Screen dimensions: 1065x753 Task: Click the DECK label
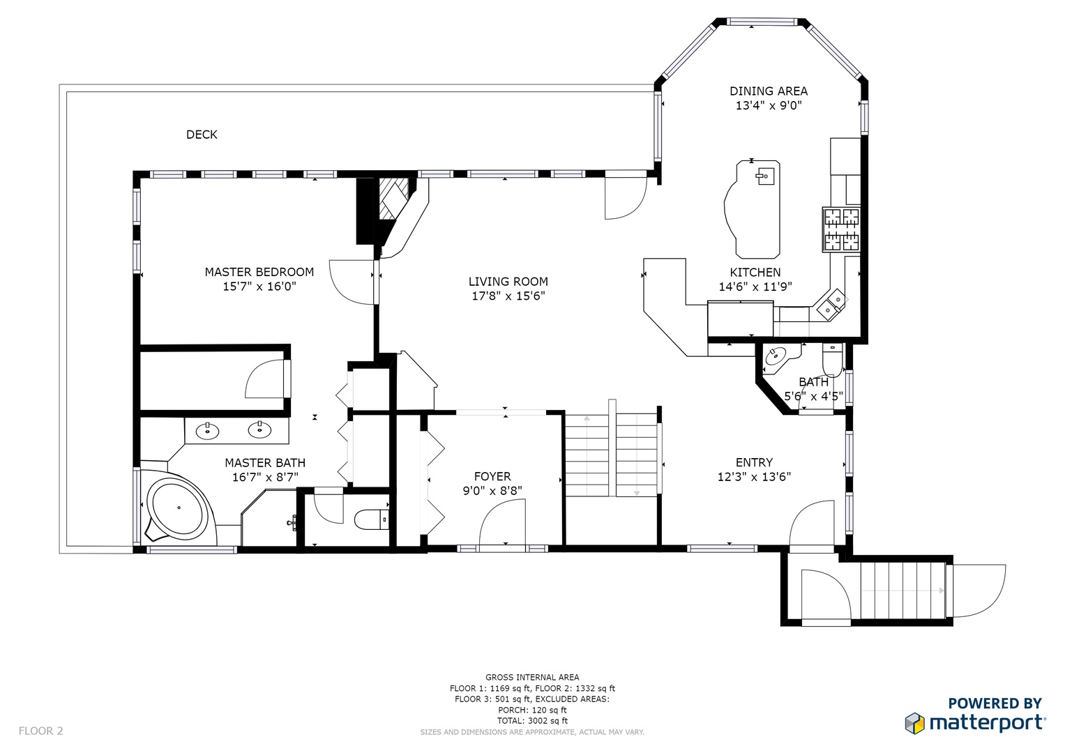202,135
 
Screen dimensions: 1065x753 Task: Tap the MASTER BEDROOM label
259,272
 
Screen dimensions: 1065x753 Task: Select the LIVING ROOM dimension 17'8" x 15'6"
508,296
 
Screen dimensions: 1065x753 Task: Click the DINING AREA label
769,91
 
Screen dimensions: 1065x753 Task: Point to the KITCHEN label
755,273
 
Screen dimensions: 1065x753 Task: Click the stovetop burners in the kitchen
842,229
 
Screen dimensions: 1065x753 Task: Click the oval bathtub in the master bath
179,508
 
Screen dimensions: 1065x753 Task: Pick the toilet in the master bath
372,519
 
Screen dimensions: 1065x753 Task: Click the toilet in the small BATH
832,360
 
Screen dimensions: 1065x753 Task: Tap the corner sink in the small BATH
776,356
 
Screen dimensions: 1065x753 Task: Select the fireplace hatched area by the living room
393,199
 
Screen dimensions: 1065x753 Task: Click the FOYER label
492,476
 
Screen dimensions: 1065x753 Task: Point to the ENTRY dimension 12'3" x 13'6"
754,477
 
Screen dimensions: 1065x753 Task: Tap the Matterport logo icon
914,723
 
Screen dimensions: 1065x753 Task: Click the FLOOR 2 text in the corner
41,731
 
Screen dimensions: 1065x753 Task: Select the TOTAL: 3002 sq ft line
532,721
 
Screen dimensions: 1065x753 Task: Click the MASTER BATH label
265,462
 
